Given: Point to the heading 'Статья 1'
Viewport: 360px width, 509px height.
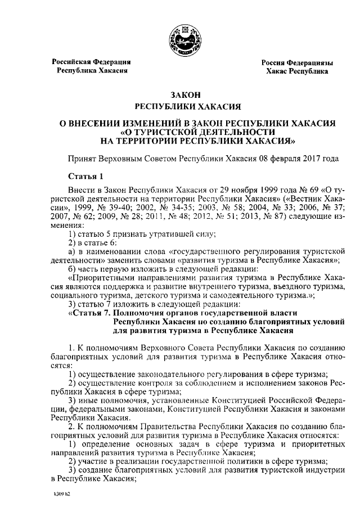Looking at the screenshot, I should (x=85, y=177).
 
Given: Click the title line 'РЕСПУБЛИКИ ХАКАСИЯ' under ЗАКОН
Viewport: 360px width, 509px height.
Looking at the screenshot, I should (x=181, y=106).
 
